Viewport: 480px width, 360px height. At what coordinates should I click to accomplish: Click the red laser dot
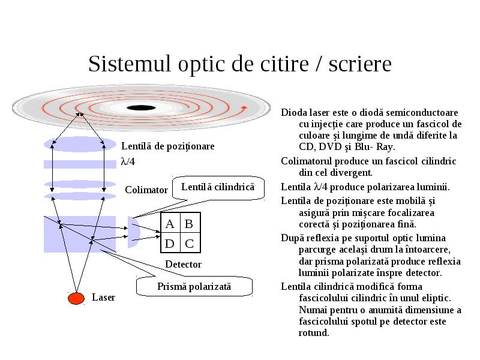tap(76, 298)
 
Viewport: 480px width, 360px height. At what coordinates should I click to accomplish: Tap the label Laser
tap(103, 297)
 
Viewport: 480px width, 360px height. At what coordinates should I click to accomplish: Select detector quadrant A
tap(170, 223)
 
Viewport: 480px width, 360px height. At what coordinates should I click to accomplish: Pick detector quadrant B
tap(190, 223)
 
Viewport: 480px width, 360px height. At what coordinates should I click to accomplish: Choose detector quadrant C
tap(190, 243)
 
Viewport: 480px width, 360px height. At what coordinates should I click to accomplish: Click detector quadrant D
tap(170, 243)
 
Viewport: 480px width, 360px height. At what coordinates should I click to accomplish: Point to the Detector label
tap(184, 264)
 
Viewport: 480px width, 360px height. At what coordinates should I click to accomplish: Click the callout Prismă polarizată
tap(194, 287)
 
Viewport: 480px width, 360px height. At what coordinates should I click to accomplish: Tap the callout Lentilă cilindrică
tap(218, 187)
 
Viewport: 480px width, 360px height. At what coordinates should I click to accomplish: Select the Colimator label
tap(146, 190)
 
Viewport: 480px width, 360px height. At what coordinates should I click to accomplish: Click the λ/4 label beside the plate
tap(128, 161)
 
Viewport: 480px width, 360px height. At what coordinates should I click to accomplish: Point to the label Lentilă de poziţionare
tap(168, 146)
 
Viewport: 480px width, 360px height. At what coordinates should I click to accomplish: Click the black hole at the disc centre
tap(141, 108)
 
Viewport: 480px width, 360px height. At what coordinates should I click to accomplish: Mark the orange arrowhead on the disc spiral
tap(244, 108)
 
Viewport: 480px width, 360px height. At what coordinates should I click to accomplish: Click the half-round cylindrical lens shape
tap(134, 232)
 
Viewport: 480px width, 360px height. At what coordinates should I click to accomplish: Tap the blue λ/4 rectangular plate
tap(80, 164)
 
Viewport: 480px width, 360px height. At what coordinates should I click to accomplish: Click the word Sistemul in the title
tap(129, 64)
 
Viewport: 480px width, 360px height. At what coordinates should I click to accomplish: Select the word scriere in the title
tap(360, 64)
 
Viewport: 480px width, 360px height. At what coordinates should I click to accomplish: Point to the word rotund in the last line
tap(313, 333)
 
